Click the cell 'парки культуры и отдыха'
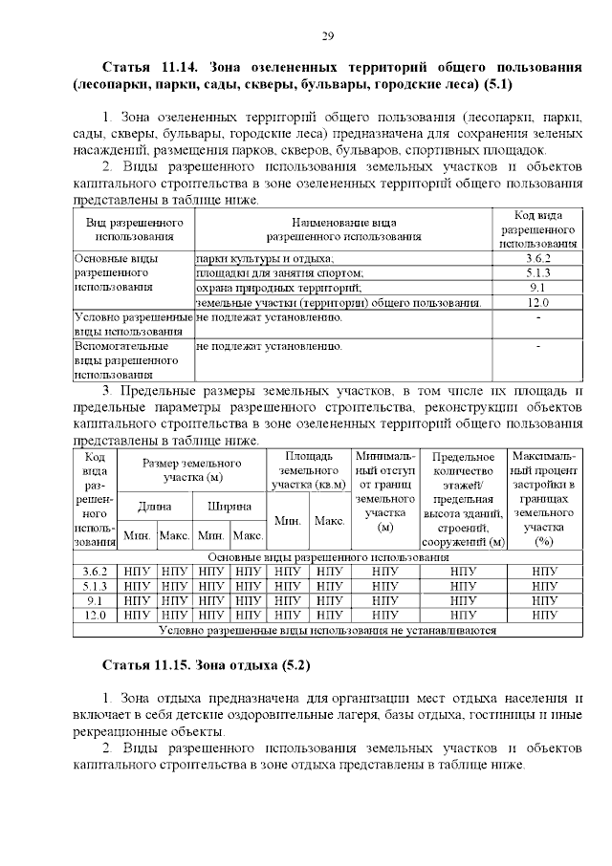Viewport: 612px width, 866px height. pyautogui.click(x=265, y=258)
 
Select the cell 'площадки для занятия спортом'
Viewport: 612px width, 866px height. pyautogui.click(x=279, y=272)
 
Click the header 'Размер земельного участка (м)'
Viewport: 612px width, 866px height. pyautogui.click(x=192, y=469)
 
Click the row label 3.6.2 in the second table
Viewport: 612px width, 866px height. pyautogui.click(x=95, y=571)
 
